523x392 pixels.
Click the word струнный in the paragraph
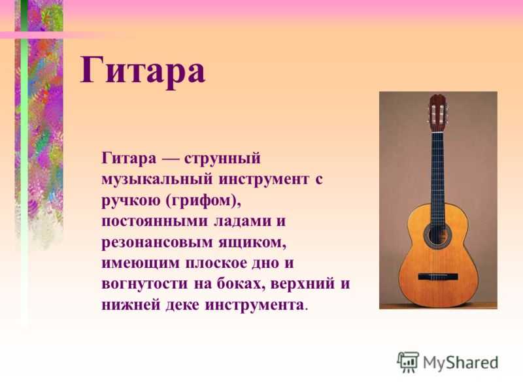pos(222,158)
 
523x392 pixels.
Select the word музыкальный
pos(157,179)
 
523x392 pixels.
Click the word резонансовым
pos(157,242)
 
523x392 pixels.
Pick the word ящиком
pos(252,242)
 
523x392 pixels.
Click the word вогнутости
pos(144,284)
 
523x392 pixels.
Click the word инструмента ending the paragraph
pos(254,305)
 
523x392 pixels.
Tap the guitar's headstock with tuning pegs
pos(437,113)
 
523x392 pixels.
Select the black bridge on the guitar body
pos(438,276)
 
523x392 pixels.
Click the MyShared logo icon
pos(407,363)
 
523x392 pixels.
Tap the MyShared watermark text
pos(460,363)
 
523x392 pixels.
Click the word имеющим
pos(141,263)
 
